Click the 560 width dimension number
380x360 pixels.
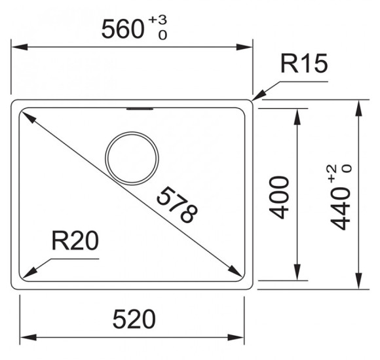pyautogui.click(x=123, y=29)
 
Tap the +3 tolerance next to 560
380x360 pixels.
pyautogui.click(x=157, y=20)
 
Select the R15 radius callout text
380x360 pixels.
pyautogui.click(x=304, y=63)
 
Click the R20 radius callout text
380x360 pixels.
pyautogui.click(x=75, y=240)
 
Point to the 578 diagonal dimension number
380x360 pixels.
pyautogui.click(x=177, y=205)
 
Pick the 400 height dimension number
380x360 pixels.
pyautogui.click(x=279, y=198)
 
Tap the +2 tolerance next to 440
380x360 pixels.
pyautogui.click(x=333, y=173)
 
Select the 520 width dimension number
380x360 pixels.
pyautogui.click(x=134, y=319)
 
